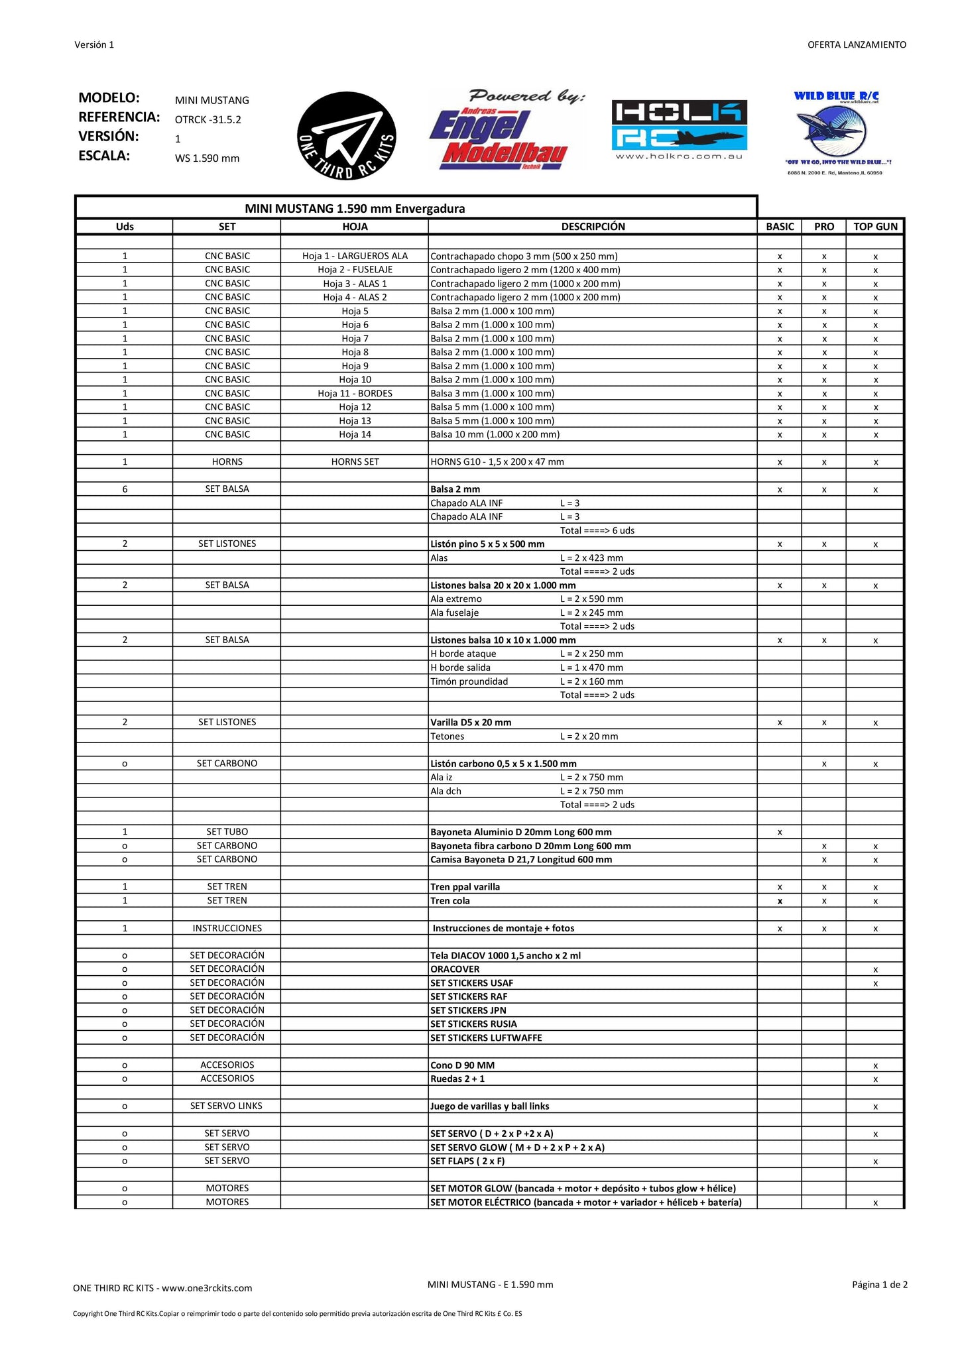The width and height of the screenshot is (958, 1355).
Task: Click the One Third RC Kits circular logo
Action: [x=346, y=135]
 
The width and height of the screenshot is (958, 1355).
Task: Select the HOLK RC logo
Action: [x=679, y=129]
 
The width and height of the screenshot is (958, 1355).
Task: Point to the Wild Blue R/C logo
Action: [x=837, y=133]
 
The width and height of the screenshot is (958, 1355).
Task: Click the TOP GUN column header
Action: [x=875, y=227]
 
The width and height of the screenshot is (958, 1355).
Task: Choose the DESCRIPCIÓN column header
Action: [x=593, y=227]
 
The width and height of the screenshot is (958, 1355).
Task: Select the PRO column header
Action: [x=823, y=227]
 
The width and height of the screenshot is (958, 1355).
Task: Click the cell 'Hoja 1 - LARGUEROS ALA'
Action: [x=355, y=256]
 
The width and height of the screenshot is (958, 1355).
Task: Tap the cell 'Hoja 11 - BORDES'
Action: [x=355, y=393]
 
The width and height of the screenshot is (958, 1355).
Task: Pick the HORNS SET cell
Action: [x=355, y=462]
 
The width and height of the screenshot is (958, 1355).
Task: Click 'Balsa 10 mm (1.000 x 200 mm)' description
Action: [x=495, y=435]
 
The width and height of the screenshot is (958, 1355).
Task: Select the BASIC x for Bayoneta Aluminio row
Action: [x=780, y=832]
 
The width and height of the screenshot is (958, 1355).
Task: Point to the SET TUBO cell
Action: [x=227, y=832]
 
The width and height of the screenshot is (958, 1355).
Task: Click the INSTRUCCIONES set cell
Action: [x=227, y=928]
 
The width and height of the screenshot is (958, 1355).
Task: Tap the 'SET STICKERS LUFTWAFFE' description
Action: [x=486, y=1038]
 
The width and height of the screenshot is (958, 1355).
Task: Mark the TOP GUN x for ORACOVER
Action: [x=875, y=970]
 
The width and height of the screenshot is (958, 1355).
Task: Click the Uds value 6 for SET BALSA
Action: [x=125, y=489]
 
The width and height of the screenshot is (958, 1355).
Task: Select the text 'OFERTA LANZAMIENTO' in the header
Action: [x=857, y=45]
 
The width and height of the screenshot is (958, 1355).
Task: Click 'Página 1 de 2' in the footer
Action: [x=879, y=1285]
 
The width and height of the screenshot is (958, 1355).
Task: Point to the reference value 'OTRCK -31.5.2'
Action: [x=208, y=120]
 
